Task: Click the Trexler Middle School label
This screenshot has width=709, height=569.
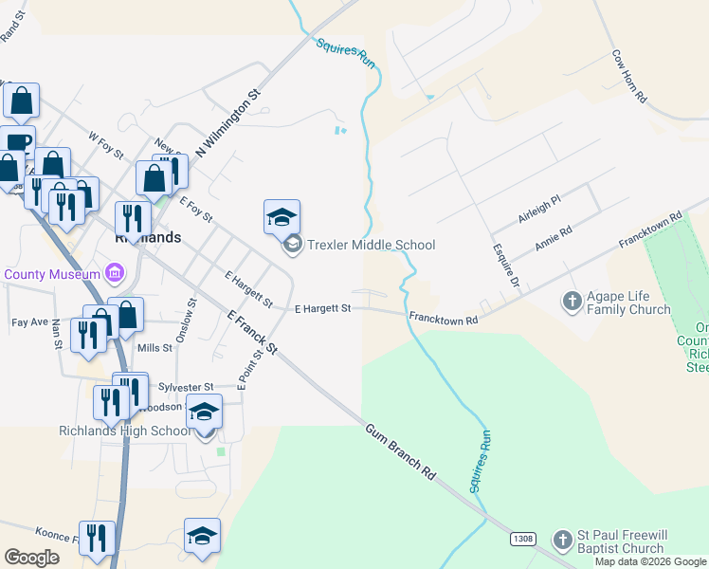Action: point(371,245)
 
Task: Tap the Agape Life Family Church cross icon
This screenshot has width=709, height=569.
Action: point(572,302)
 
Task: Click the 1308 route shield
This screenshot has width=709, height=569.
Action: point(522,539)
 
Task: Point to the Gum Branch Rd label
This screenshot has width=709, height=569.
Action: point(399,450)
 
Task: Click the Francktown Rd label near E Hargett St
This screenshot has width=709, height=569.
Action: point(443,319)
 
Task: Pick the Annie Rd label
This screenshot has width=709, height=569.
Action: point(554,238)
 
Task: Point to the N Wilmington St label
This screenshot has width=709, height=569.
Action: point(227,124)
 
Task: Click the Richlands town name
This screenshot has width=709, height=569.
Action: point(147,238)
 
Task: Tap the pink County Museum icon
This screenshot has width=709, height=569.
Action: point(116,274)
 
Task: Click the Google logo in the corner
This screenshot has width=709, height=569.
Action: point(32,558)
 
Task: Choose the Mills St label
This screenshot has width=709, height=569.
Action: point(155,348)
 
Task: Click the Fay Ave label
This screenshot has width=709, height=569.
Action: point(29,322)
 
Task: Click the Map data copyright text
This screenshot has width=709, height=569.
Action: point(651,561)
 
